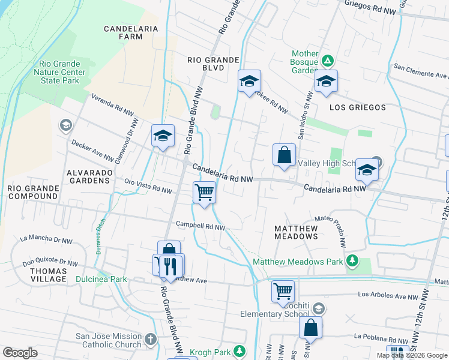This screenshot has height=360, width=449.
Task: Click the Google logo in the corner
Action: pos(20,353)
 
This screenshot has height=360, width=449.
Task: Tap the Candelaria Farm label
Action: pos(131,32)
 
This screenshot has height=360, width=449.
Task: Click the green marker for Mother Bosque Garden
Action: pos(328,61)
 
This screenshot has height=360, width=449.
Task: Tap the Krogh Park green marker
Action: pos(240,350)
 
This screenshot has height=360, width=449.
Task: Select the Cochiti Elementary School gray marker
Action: pos(319,308)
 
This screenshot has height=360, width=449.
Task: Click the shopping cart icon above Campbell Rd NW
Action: pos(204,192)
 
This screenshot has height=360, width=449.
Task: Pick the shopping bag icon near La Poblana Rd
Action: pos(310,328)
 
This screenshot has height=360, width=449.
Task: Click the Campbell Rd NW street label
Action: pos(200,226)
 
